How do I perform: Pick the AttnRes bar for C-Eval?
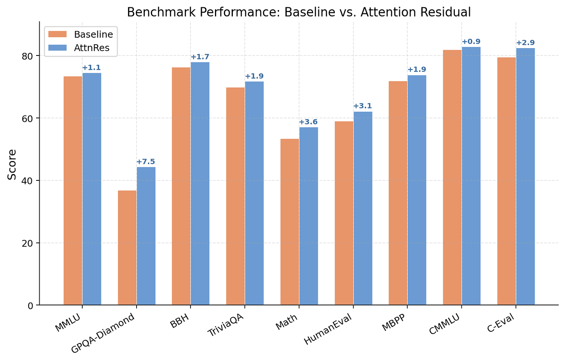[x=525, y=177]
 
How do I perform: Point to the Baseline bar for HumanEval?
[x=344, y=213]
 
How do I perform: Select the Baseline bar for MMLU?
[x=73, y=191]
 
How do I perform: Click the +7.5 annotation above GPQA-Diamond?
[x=146, y=162]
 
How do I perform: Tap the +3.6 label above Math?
[x=308, y=122]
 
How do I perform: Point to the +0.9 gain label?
[x=471, y=42]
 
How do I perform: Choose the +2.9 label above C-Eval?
[x=525, y=43]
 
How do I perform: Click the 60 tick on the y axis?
[x=30, y=118]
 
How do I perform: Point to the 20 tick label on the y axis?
[x=30, y=243]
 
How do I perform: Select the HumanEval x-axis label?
[x=328, y=329]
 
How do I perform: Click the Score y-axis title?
[x=12, y=164]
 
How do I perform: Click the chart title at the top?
[x=299, y=12]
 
